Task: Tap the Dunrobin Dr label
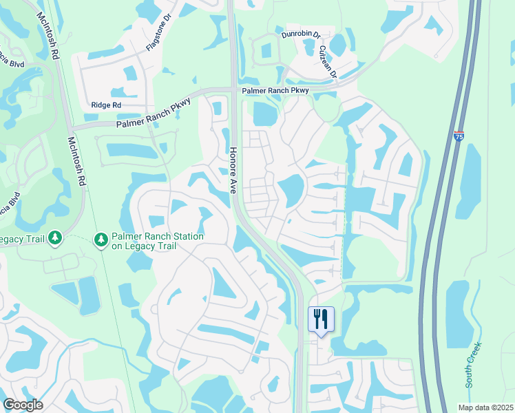[301, 34]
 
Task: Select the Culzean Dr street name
[328, 61]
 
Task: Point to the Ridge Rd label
[106, 105]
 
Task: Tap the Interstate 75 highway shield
[459, 136]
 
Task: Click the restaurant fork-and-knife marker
[321, 319]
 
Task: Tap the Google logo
[23, 404]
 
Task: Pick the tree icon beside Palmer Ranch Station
[101, 238]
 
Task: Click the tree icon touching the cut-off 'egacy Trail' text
[55, 238]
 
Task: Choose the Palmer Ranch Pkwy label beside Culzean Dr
[275, 90]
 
